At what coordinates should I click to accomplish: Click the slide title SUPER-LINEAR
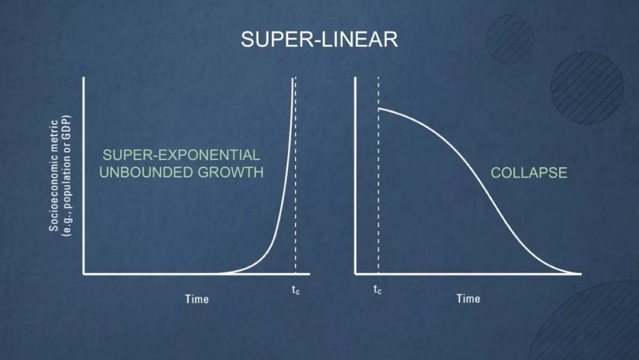(x=319, y=40)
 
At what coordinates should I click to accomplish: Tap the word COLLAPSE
(x=528, y=173)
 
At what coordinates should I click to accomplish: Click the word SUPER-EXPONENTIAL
(x=182, y=155)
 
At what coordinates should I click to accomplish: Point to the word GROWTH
(x=231, y=172)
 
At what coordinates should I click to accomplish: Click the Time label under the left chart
(x=197, y=299)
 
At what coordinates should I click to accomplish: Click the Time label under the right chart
(x=468, y=299)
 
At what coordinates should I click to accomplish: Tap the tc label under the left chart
(x=295, y=290)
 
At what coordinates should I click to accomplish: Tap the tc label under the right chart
(x=377, y=290)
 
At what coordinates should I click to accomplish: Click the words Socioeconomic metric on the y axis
(x=54, y=176)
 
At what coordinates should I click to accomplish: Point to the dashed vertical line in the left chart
(x=295, y=175)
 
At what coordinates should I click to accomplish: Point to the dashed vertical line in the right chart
(x=378, y=175)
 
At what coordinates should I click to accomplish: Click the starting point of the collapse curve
(x=379, y=109)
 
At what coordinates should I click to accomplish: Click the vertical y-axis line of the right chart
(x=356, y=175)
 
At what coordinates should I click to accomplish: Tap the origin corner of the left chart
(x=84, y=274)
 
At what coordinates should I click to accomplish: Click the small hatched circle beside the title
(x=509, y=39)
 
